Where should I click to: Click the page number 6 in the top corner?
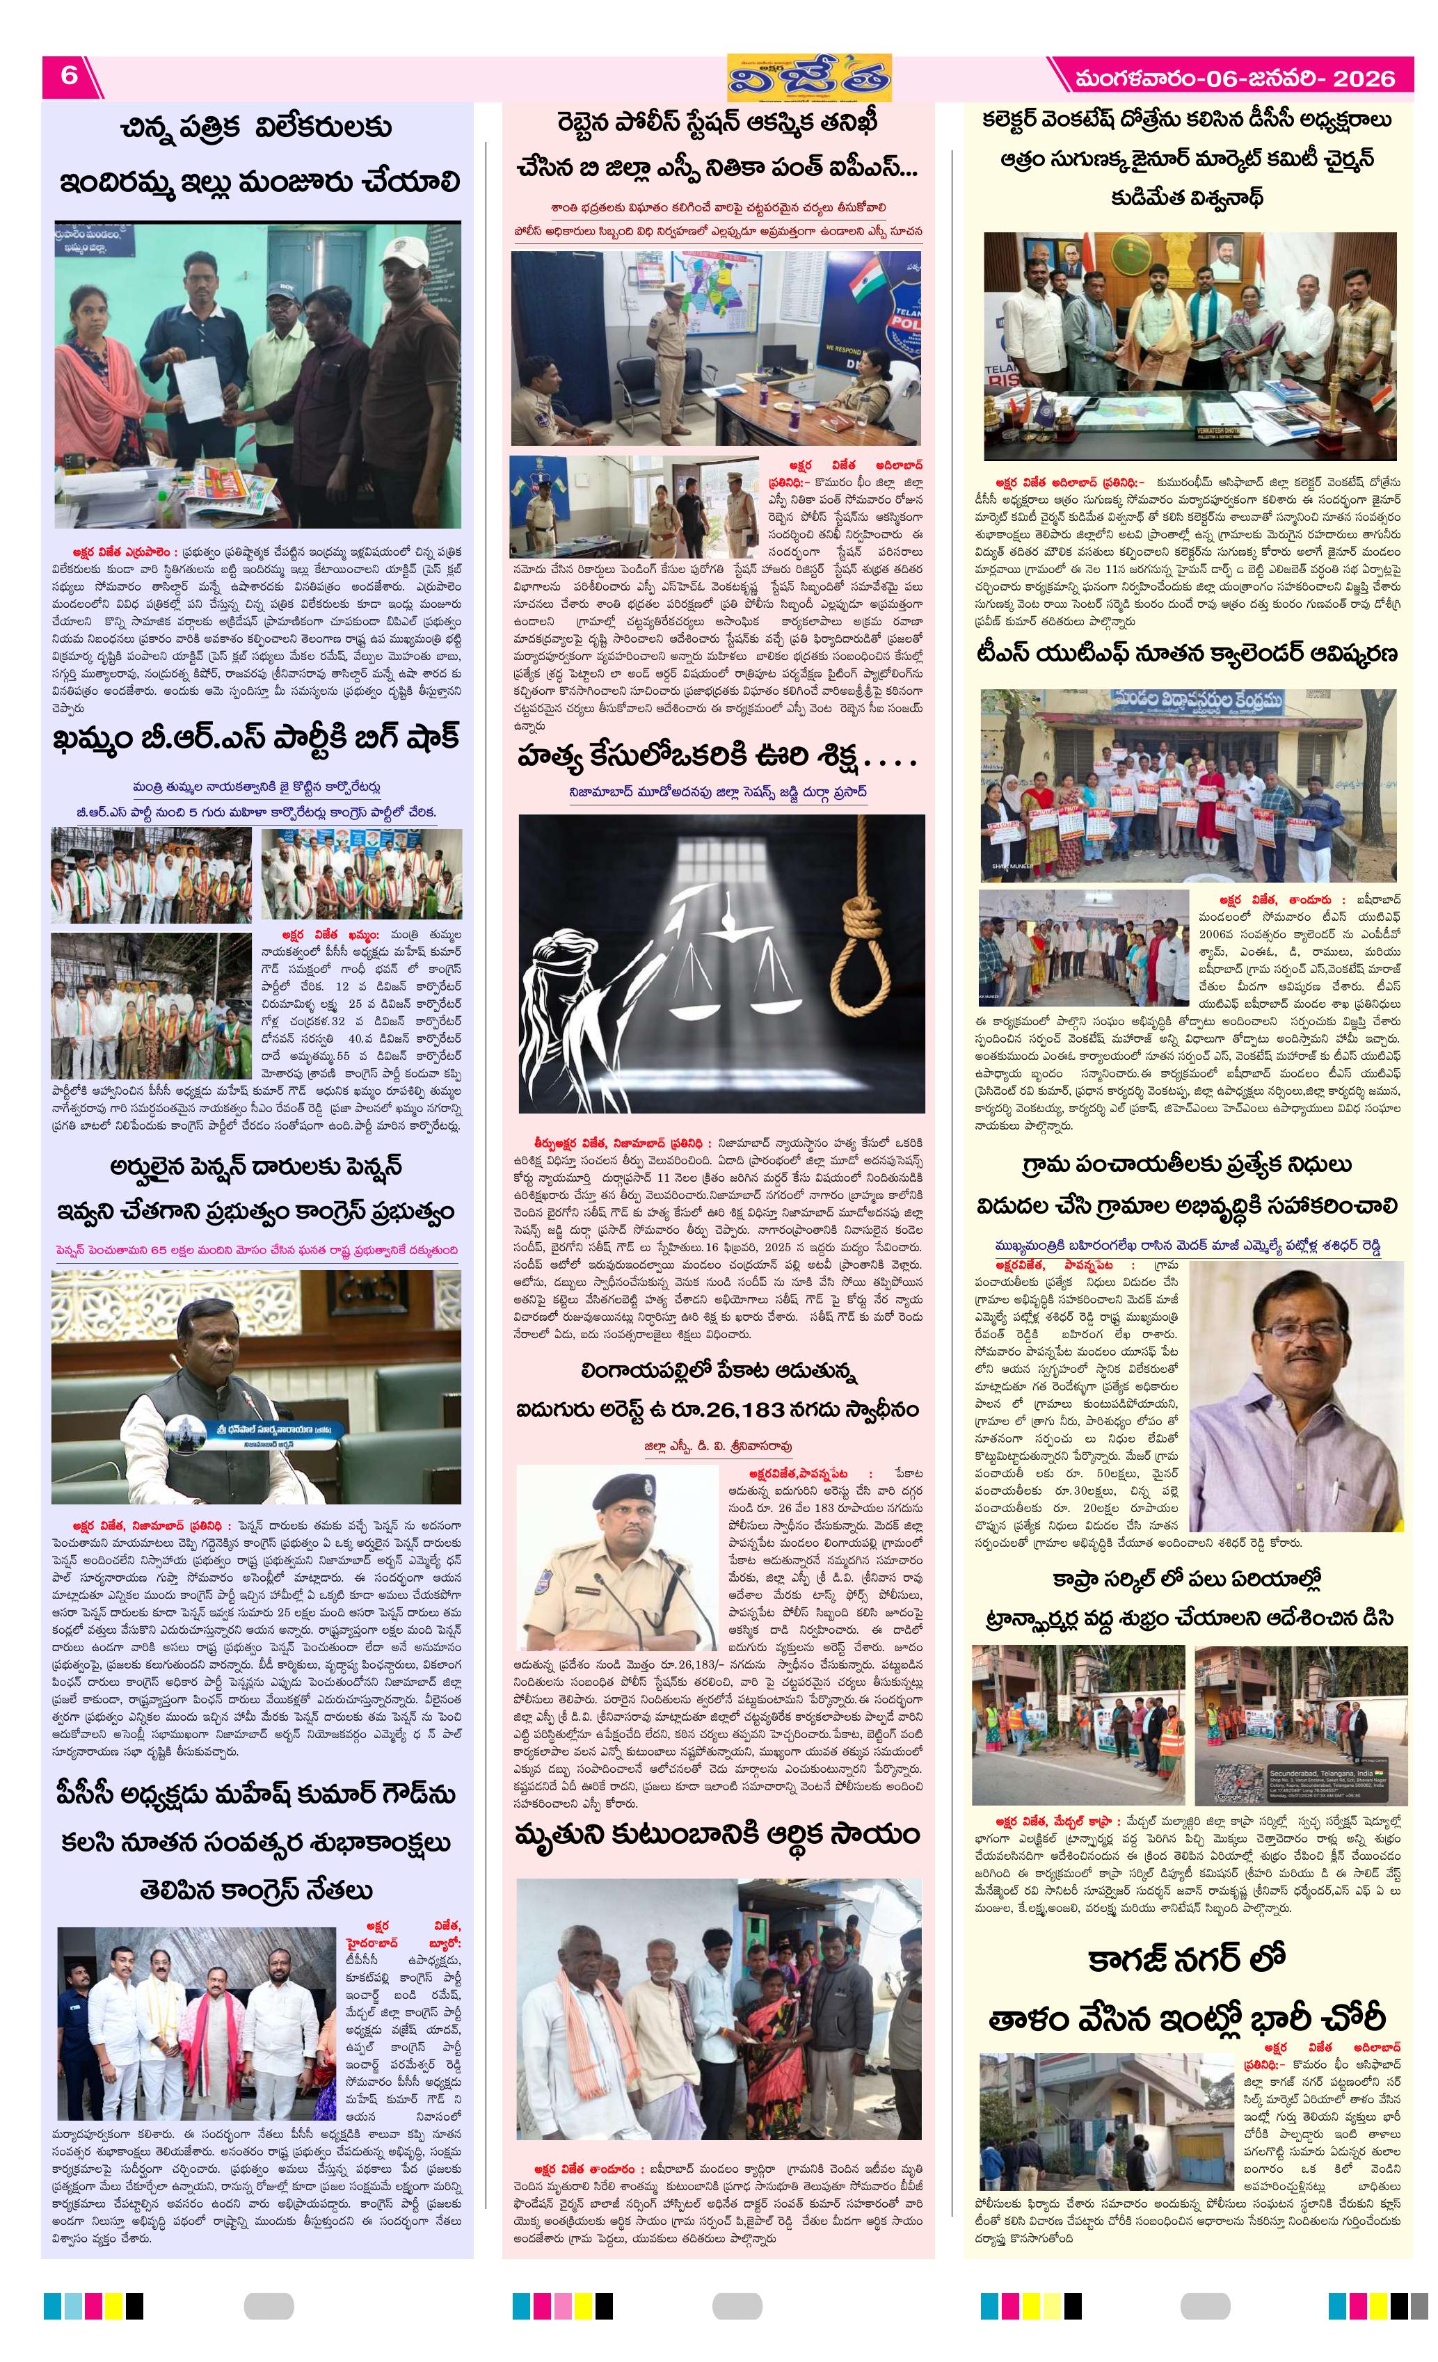coord(69,75)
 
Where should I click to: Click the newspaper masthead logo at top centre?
coord(808,77)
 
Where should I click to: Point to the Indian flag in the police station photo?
coord(865,278)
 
